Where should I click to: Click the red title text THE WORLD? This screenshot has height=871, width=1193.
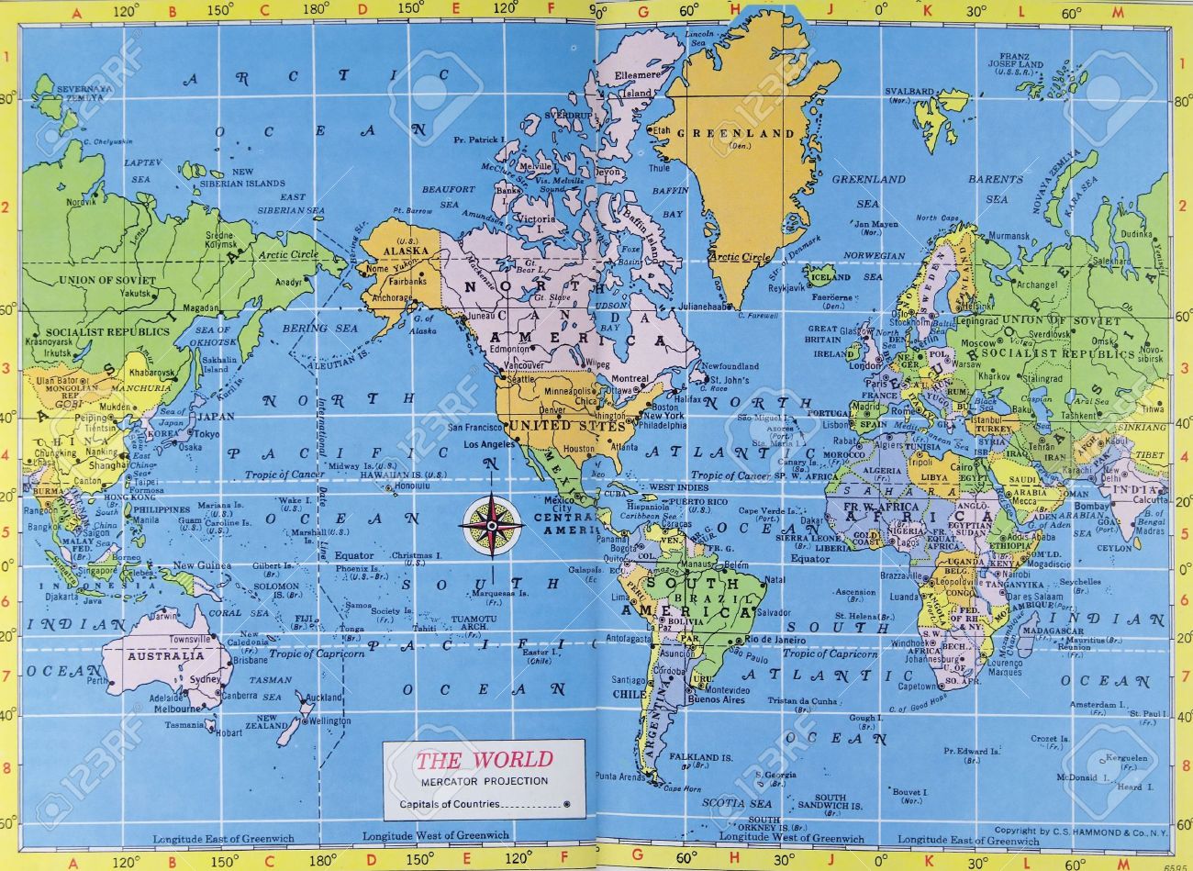pos(484,760)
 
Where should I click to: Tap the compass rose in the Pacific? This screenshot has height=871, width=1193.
pos(492,525)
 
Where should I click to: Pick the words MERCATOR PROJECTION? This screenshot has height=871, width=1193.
pos(485,781)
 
